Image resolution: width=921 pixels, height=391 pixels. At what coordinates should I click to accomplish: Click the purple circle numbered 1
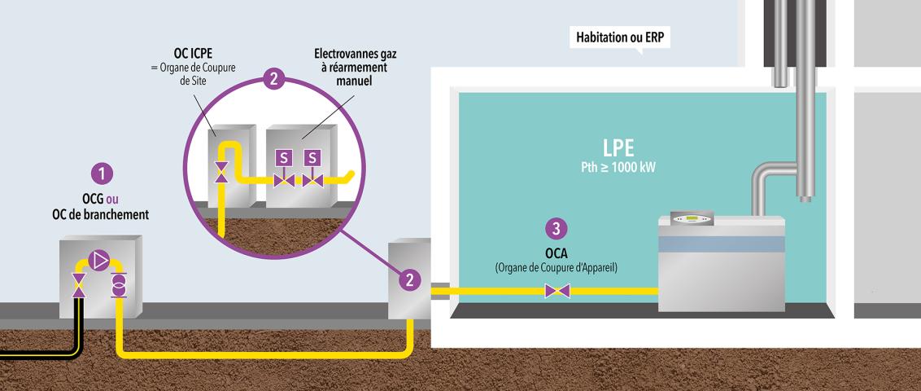(x=101, y=174)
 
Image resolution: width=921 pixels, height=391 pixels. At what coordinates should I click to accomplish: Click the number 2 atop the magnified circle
(x=275, y=79)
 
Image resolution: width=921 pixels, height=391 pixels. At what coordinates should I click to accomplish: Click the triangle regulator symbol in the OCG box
(x=100, y=260)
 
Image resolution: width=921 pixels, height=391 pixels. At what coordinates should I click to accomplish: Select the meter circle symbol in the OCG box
(x=118, y=286)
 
